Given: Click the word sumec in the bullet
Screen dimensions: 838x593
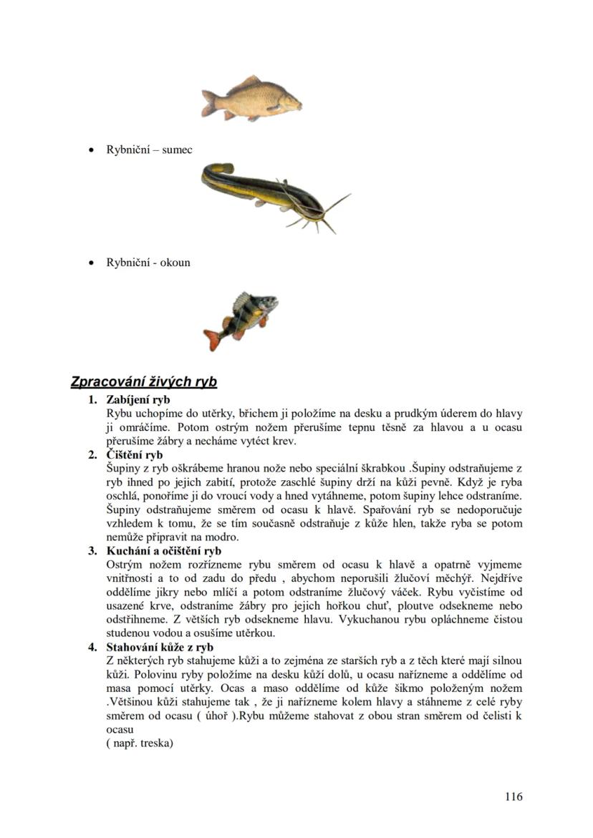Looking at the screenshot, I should point(177,150).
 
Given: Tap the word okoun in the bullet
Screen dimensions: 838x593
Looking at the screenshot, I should point(175,262).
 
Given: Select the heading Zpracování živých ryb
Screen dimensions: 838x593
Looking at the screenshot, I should point(143,381).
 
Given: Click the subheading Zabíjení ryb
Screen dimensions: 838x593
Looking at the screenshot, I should point(138,399).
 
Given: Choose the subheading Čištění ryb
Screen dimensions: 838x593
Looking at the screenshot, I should point(134,454).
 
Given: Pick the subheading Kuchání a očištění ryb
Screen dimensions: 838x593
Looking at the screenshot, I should point(163,551).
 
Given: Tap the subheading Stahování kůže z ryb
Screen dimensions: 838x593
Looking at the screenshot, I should point(160,648).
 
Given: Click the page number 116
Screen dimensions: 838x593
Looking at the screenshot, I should point(513,796).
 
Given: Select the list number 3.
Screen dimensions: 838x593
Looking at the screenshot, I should point(92,551).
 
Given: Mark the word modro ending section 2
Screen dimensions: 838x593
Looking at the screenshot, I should point(223,537).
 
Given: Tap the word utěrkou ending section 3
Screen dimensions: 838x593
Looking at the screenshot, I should point(256,633).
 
